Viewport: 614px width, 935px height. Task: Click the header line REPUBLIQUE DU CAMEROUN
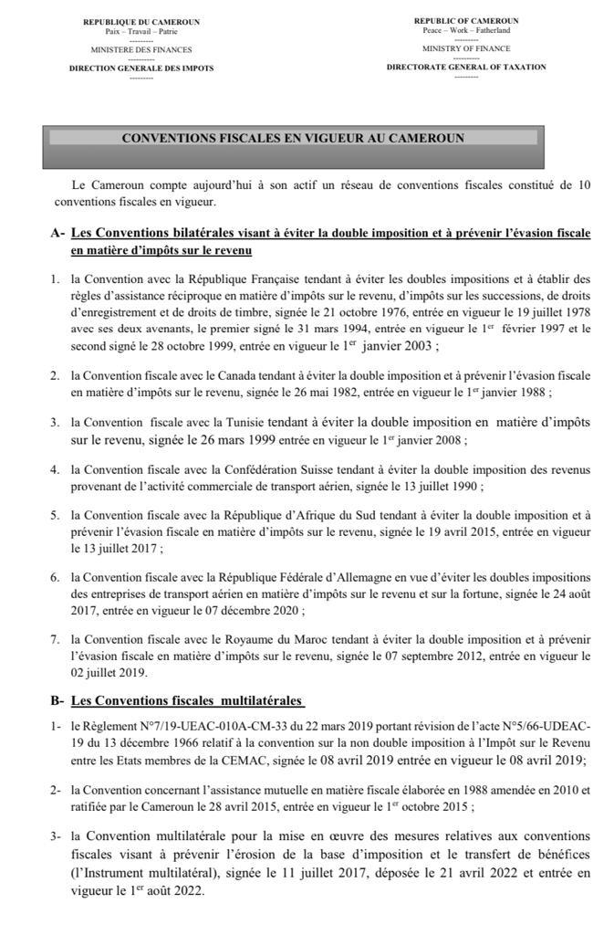click(x=140, y=22)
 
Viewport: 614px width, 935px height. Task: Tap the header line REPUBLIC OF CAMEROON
click(x=465, y=20)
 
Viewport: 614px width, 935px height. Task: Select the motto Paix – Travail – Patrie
click(x=140, y=32)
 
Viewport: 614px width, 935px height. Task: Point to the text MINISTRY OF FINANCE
click(x=465, y=48)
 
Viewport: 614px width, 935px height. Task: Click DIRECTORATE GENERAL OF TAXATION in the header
click(x=465, y=67)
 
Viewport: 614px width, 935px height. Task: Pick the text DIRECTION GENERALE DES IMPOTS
click(x=140, y=68)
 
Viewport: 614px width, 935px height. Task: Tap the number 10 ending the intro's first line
click(x=584, y=184)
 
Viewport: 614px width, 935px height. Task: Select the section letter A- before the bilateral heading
click(x=58, y=234)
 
